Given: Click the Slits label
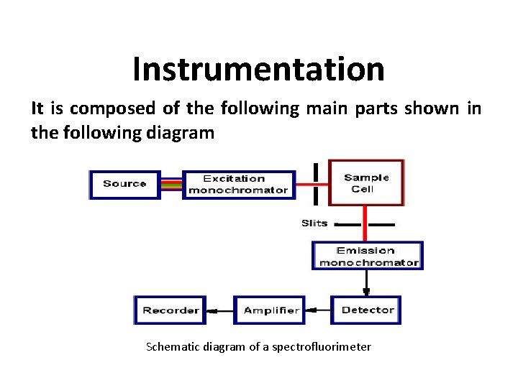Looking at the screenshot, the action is (x=314, y=223).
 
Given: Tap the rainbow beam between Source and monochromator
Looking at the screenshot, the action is (x=171, y=185).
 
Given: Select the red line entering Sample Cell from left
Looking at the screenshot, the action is (x=312, y=185).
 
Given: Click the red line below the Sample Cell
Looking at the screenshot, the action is (x=365, y=223).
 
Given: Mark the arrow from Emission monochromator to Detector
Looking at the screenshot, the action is (x=366, y=283).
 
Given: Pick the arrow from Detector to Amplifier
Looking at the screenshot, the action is (x=318, y=310).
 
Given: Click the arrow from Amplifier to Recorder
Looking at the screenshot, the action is (x=220, y=311).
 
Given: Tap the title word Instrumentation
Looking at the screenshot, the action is (x=259, y=69).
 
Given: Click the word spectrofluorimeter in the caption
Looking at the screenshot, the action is (x=322, y=347).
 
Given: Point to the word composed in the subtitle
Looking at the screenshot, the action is (x=113, y=109).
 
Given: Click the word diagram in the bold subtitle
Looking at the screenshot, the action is (x=180, y=134).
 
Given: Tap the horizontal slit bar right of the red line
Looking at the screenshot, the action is (x=381, y=225).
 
